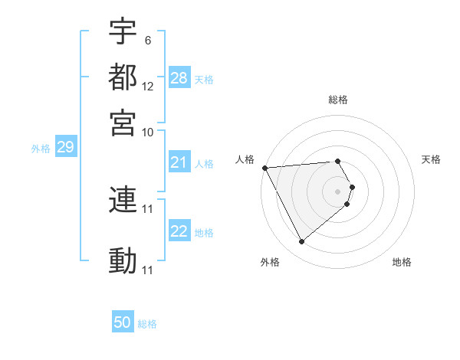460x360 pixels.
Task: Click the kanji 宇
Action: click(x=123, y=32)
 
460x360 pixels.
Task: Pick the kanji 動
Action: click(x=123, y=260)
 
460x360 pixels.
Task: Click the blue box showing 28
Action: click(x=179, y=78)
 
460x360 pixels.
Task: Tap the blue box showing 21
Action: click(x=179, y=162)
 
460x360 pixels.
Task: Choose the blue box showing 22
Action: click(x=179, y=232)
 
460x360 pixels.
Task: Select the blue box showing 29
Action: click(x=65, y=148)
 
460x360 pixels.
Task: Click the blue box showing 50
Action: click(x=123, y=322)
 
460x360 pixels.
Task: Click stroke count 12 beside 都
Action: click(x=148, y=86)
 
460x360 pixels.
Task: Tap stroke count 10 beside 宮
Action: click(x=148, y=131)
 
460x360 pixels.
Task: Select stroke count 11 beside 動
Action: click(x=148, y=270)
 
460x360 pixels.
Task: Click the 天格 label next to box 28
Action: click(x=204, y=79)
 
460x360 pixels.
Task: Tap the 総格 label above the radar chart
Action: click(x=338, y=100)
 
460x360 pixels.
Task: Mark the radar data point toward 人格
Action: click(x=264, y=168)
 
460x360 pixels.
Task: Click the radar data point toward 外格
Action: click(x=301, y=242)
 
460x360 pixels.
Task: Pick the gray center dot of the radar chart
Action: click(x=338, y=191)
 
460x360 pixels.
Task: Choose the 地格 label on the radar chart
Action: click(x=402, y=262)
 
